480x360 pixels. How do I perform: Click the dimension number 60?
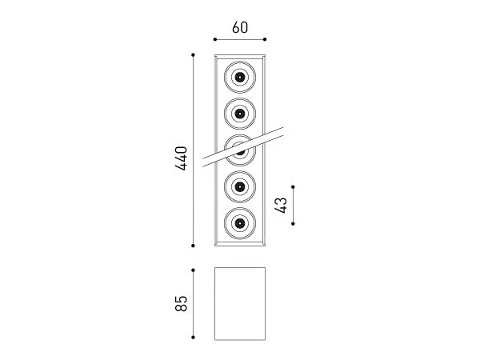pos(240,27)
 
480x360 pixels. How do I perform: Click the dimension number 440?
pos(181,158)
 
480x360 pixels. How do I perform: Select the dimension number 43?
pos(281,205)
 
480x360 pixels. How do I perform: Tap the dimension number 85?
pos(181,303)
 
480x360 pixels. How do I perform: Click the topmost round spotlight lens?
pos(240,77)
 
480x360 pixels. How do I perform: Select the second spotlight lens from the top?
pos(240,114)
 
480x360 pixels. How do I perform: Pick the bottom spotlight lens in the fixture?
pos(240,223)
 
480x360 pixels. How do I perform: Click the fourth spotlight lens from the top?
pos(240,186)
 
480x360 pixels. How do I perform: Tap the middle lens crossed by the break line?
pos(240,150)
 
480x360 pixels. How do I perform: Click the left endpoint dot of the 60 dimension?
pos(215,39)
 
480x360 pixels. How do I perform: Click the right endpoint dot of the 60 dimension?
pos(265,39)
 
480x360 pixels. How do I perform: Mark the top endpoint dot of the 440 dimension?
pos(193,55)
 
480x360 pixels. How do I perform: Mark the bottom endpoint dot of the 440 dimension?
pos(193,246)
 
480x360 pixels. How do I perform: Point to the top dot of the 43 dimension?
pos(293,186)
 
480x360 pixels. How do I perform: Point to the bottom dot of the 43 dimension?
pos(293,224)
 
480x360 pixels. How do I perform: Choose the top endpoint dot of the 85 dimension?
pos(193,270)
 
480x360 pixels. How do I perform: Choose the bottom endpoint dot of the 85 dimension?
pos(193,338)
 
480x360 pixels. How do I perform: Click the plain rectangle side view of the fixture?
pos(240,304)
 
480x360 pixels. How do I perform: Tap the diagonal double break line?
pos(243,147)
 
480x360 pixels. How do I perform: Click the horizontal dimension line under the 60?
pos(240,39)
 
